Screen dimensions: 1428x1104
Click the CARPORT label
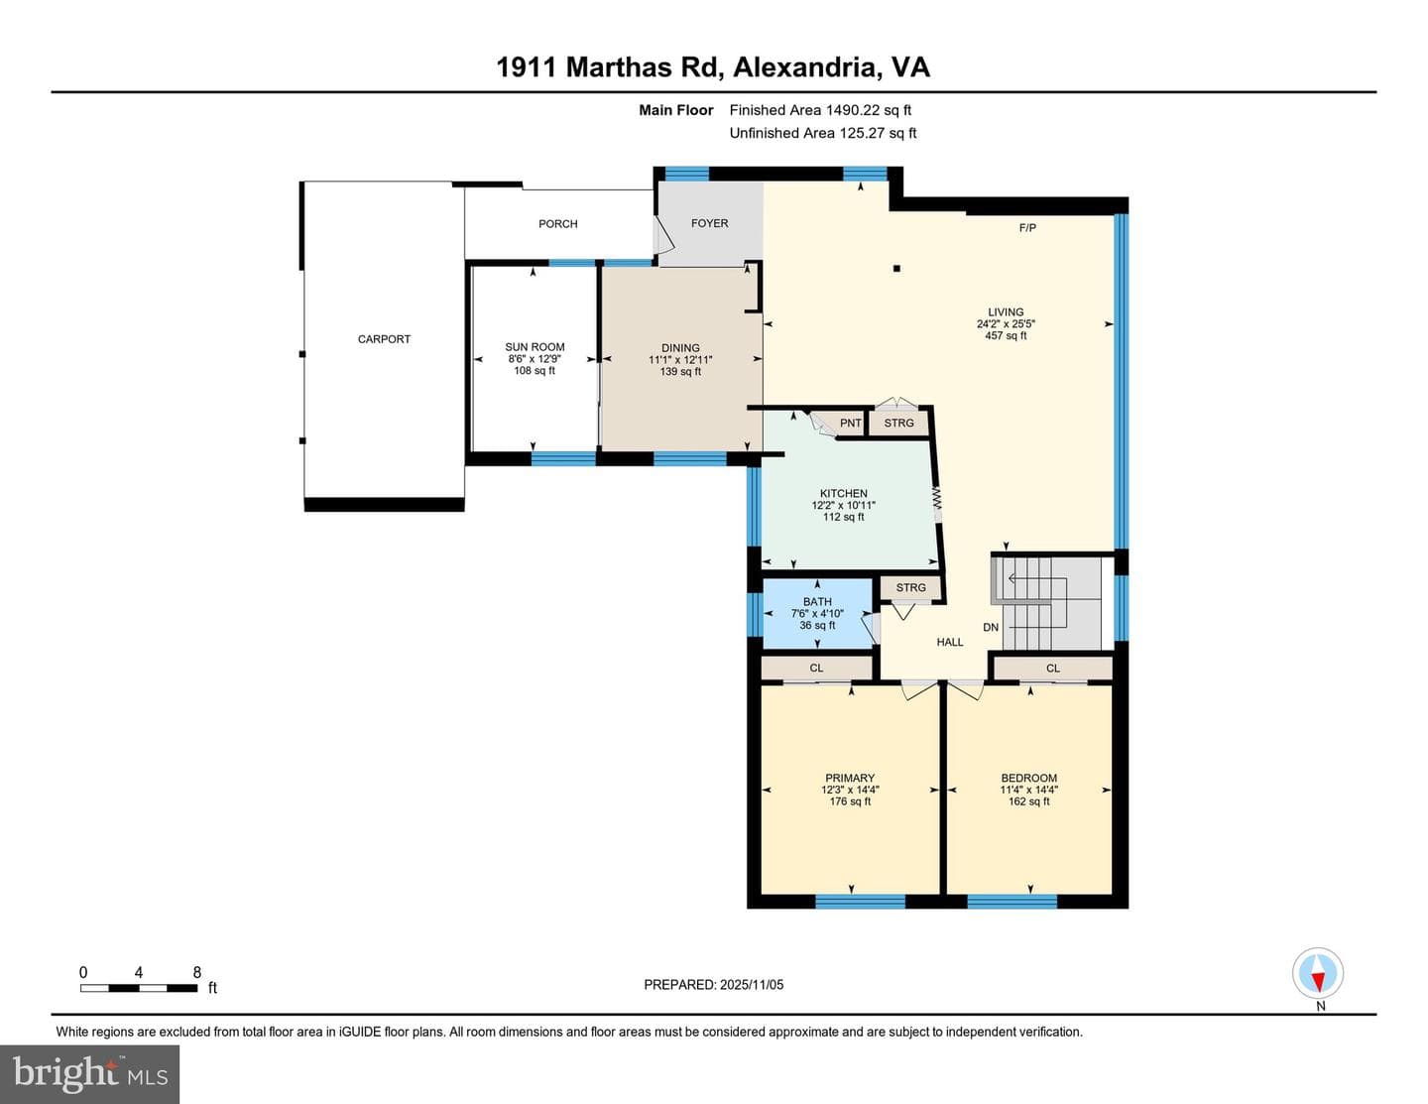(384, 339)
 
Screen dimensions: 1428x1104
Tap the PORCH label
(558, 224)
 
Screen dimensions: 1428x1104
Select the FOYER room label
(710, 223)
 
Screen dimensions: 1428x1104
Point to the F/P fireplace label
(1027, 228)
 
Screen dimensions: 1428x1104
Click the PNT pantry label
(851, 424)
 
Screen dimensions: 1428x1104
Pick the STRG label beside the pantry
(898, 424)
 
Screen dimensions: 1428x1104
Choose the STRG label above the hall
(910, 587)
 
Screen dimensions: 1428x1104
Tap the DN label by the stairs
(991, 628)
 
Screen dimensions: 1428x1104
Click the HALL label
(950, 642)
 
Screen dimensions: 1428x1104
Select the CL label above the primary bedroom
(816, 668)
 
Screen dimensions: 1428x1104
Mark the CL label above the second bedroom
(1053, 669)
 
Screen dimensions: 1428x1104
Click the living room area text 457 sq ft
(1006, 336)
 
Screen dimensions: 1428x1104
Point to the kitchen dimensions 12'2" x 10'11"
(844, 505)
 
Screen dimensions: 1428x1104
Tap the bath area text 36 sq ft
(817, 625)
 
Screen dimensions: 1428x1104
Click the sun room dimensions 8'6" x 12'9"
(535, 359)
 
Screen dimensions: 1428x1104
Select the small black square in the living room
(896, 268)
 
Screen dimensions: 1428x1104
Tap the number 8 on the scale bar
(196, 972)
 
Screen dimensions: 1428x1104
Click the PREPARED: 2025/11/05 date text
(714, 984)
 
